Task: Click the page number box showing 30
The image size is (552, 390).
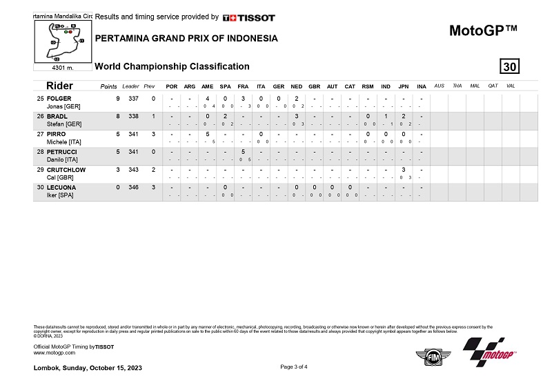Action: pos(510,66)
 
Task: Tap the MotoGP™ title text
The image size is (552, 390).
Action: pos(483,30)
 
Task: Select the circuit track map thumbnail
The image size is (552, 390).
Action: pos(63,41)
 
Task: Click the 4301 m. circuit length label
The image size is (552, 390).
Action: pos(63,68)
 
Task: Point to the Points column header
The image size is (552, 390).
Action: pos(108,86)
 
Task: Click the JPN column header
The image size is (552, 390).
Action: pos(403,86)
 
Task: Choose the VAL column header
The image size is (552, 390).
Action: pos(510,86)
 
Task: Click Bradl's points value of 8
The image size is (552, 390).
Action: pos(118,117)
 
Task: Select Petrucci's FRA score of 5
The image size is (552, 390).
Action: pos(243,152)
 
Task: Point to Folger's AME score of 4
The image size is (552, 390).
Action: pos(207,99)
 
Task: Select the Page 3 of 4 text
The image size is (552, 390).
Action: pos(294,367)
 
